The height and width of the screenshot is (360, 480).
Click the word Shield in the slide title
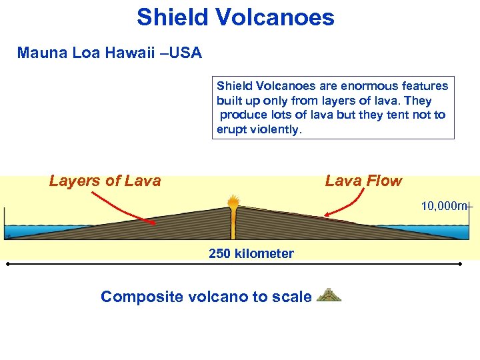click(169, 17)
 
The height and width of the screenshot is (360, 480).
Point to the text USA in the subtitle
click(186, 53)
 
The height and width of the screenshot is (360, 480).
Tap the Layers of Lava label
click(105, 181)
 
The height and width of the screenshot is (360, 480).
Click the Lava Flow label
click(363, 181)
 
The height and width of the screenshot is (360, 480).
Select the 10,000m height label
click(445, 206)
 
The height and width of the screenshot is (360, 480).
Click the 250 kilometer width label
click(251, 253)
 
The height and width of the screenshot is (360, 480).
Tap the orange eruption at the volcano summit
click(233, 201)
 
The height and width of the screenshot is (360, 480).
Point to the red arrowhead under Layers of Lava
click(154, 223)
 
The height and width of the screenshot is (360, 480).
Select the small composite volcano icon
click(329, 295)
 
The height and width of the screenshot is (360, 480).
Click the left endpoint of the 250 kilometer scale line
click(7, 265)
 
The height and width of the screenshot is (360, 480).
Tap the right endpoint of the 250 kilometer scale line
click(461, 265)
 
